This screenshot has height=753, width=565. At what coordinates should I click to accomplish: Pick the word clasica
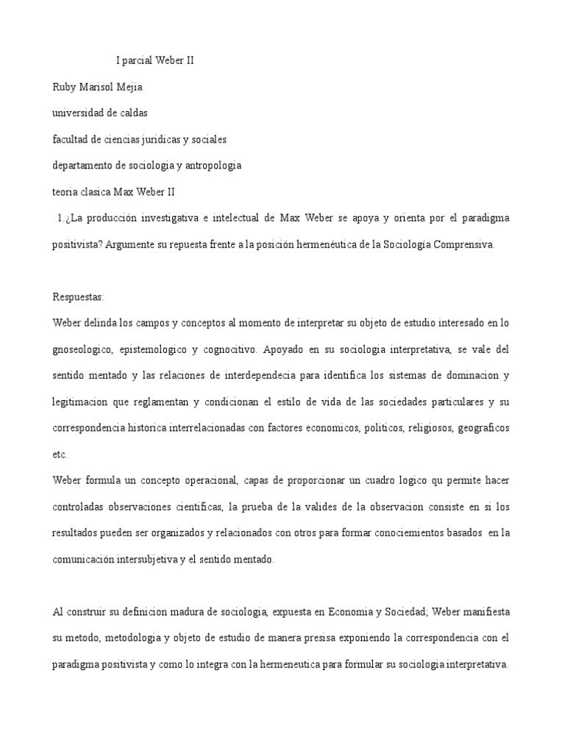pos(96,191)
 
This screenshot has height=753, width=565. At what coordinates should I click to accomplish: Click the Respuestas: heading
pos(79,296)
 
